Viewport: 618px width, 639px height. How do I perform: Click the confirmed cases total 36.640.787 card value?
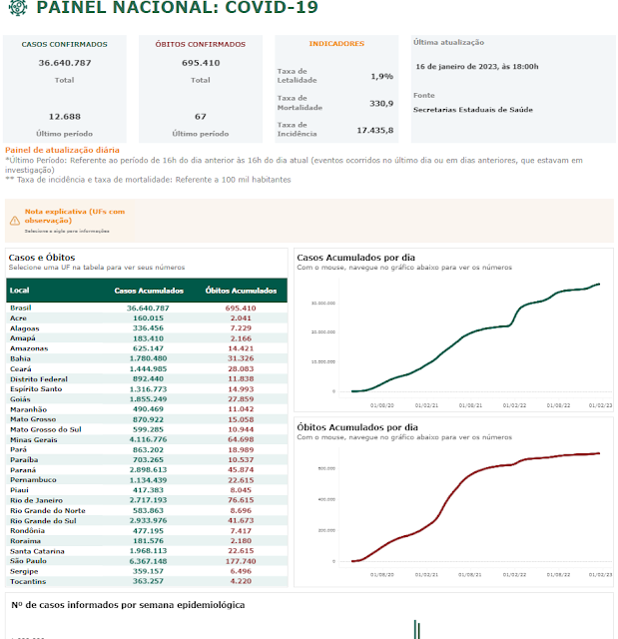(x=64, y=63)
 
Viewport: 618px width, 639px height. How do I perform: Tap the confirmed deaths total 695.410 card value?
(x=201, y=63)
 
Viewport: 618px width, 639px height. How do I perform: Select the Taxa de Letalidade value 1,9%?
(x=381, y=76)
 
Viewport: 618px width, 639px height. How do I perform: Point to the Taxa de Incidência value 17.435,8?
(x=375, y=130)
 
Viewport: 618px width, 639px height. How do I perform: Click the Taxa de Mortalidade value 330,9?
(x=381, y=103)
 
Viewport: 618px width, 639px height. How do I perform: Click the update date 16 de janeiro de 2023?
(x=476, y=66)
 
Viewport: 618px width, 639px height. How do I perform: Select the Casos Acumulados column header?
(x=149, y=291)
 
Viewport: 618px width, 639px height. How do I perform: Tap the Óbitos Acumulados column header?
(x=241, y=291)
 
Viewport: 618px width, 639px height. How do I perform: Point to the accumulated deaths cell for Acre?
(x=240, y=318)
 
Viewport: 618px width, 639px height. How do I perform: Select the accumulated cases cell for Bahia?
(x=148, y=358)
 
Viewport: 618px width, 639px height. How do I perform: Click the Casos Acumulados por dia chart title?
(x=357, y=258)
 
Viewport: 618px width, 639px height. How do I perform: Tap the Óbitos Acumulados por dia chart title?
(x=357, y=427)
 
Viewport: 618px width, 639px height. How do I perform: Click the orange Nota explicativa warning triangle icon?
(x=14, y=218)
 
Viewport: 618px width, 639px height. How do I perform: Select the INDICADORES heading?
(x=336, y=44)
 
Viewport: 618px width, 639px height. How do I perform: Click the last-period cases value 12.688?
(x=64, y=116)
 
